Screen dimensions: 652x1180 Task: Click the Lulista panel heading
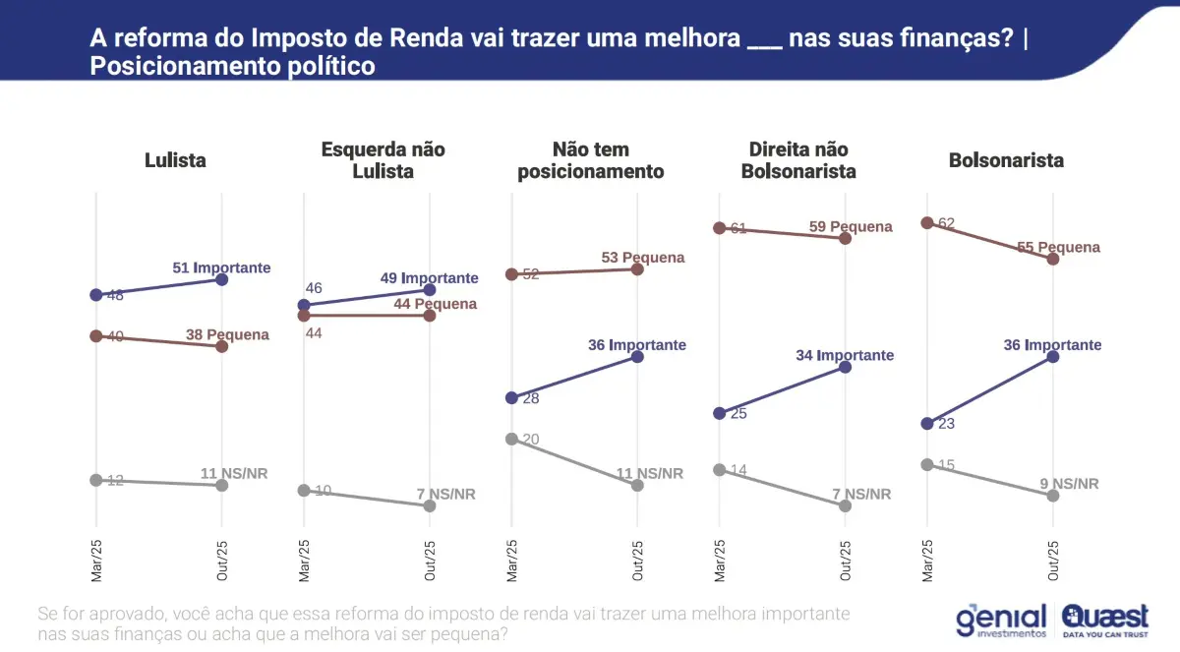tap(175, 160)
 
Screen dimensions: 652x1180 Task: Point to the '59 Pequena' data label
tap(851, 227)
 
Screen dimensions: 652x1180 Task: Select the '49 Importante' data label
tap(430, 278)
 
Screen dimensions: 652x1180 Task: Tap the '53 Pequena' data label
tap(643, 258)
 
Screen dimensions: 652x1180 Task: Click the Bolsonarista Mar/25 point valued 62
tap(926, 223)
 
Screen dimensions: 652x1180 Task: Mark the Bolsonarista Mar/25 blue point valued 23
tap(926, 424)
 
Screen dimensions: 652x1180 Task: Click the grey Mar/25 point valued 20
tap(511, 440)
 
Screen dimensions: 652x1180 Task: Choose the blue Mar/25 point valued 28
tap(511, 398)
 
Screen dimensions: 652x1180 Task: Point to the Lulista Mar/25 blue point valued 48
tap(95, 294)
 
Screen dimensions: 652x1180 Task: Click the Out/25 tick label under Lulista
tap(222, 562)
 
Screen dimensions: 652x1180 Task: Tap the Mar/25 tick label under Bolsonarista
tap(926, 562)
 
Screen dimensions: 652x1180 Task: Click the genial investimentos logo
tap(1001, 620)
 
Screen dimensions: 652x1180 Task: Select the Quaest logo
tap(1104, 620)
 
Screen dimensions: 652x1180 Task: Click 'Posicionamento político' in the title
tap(233, 67)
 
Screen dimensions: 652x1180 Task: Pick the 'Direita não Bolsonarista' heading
tap(797, 160)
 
